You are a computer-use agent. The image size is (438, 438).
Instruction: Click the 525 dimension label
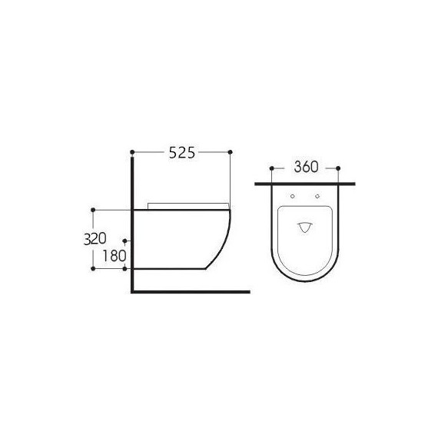coord(182,153)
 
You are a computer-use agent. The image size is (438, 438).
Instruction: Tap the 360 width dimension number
coord(307,167)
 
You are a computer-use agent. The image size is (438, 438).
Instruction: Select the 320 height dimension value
coord(95,238)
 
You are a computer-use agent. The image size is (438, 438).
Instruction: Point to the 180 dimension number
coord(113,256)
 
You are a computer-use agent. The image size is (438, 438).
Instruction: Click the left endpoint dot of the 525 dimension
coord(133,152)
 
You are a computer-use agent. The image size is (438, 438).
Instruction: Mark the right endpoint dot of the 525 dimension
coord(231,152)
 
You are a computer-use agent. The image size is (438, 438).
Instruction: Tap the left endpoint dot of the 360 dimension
coord(273,167)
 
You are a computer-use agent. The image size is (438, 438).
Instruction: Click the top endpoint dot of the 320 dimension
coord(93,209)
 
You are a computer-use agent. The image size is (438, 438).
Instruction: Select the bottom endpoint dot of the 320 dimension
coord(93,269)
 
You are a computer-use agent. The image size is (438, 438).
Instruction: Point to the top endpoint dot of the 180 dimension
coord(125,241)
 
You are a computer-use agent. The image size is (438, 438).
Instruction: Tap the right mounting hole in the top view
coord(317,197)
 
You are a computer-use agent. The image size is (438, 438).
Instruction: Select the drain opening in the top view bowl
coord(306,227)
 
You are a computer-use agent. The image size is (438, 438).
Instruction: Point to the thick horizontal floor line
coord(192,292)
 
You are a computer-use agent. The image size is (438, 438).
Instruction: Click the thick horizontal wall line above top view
coord(306,184)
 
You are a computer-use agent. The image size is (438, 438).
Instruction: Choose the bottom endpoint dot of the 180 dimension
coord(125,269)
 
